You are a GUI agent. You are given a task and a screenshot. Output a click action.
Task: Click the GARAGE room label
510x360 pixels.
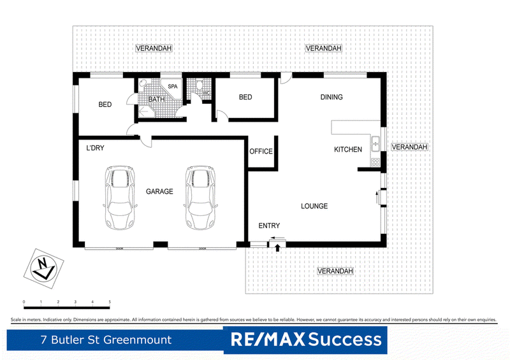[159, 191]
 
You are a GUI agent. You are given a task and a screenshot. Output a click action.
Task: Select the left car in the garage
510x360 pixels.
[120, 198]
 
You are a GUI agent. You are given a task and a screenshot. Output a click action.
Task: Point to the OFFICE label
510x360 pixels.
[261, 152]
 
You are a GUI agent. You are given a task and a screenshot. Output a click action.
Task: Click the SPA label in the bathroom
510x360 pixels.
[173, 86]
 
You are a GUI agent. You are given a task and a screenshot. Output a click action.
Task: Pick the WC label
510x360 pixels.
[206, 93]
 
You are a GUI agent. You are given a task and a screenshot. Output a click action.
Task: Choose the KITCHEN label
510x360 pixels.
[348, 150]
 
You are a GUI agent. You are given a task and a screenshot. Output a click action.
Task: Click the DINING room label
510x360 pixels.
[331, 97]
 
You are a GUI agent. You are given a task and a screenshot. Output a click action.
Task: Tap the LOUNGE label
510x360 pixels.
[314, 206]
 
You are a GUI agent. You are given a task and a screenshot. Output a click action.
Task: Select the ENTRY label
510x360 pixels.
[269, 226]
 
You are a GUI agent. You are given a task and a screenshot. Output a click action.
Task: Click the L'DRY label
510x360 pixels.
[95, 148]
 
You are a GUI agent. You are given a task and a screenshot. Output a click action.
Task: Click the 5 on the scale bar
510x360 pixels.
[110, 301]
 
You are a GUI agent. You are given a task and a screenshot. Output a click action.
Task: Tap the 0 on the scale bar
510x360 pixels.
[24, 301]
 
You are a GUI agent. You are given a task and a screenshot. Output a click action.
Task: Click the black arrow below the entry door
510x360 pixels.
[278, 247]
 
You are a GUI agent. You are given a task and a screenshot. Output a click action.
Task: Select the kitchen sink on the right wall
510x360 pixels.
[376, 143]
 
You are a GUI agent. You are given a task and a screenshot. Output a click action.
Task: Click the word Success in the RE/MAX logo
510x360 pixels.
[346, 340]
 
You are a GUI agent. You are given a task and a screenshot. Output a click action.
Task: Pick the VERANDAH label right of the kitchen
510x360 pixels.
[409, 147]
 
